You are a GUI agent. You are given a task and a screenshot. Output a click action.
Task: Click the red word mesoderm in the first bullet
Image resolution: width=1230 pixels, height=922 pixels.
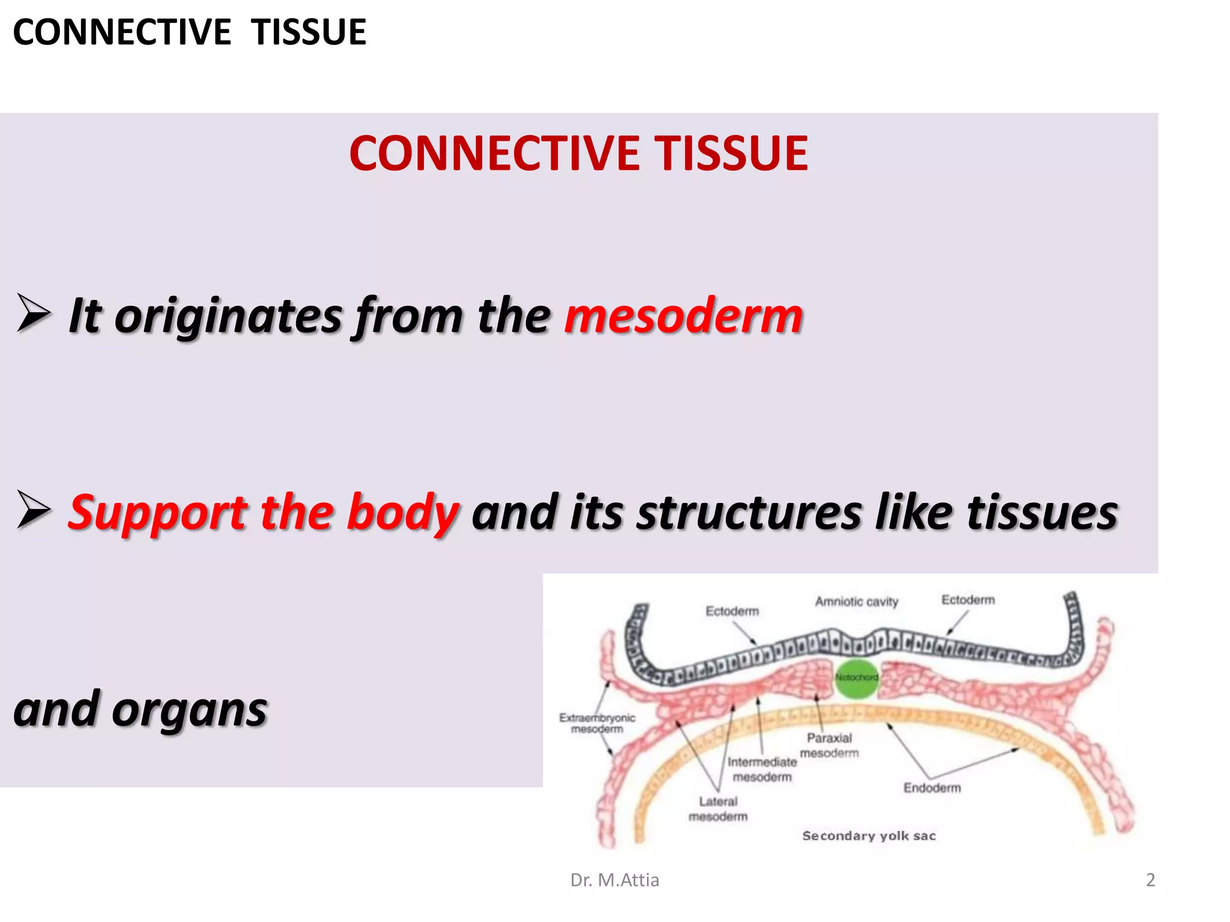[x=683, y=316]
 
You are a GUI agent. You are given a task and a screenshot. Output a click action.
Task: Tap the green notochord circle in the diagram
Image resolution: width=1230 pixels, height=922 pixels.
[x=857, y=678]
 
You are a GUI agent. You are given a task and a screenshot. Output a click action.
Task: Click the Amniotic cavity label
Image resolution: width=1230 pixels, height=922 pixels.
[x=856, y=601]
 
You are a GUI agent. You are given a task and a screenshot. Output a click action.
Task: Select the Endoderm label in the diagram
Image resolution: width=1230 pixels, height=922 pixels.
[x=932, y=788]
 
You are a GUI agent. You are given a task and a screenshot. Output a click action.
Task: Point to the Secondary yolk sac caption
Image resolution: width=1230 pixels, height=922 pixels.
[x=868, y=836]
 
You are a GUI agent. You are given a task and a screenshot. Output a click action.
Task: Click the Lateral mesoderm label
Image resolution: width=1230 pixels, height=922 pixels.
[x=718, y=809]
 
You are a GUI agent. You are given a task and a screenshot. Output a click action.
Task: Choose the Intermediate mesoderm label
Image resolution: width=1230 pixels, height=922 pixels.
[x=762, y=769]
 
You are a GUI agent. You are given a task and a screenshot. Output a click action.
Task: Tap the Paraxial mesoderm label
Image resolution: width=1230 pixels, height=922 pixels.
[x=829, y=745]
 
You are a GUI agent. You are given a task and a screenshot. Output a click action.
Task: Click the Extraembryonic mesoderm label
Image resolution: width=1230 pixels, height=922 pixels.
[x=597, y=723]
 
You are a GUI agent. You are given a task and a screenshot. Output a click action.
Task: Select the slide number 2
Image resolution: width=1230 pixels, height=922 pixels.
[x=1150, y=880]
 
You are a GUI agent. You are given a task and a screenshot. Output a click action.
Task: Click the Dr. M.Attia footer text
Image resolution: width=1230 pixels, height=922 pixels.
[x=614, y=880]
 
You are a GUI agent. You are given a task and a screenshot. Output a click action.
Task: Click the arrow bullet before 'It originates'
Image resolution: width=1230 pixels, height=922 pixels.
[x=34, y=313]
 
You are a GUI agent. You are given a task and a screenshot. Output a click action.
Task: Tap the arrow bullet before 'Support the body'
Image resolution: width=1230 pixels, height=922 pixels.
[x=34, y=510]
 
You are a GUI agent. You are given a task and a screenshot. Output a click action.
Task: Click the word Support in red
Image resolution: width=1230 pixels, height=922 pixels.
[x=157, y=513]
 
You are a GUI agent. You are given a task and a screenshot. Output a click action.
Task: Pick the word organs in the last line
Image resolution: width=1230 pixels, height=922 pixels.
[x=189, y=710]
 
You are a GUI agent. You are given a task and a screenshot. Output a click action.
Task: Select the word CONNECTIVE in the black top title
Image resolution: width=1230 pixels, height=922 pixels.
[x=122, y=32]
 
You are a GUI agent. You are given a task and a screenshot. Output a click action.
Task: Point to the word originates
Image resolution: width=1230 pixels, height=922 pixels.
[x=228, y=316]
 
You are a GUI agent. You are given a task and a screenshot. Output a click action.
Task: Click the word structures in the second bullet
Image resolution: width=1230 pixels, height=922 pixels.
[x=749, y=513]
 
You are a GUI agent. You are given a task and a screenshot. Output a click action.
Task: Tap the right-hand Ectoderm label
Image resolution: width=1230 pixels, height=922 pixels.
[x=968, y=600]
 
